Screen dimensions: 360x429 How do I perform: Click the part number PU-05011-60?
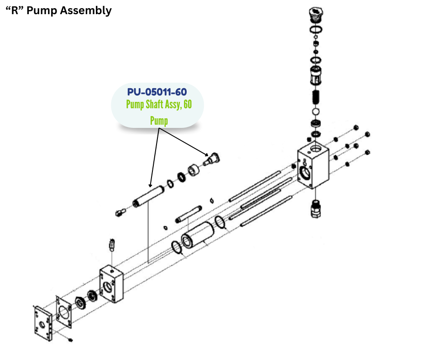click(x=157, y=92)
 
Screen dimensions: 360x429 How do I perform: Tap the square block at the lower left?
click(x=112, y=283)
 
